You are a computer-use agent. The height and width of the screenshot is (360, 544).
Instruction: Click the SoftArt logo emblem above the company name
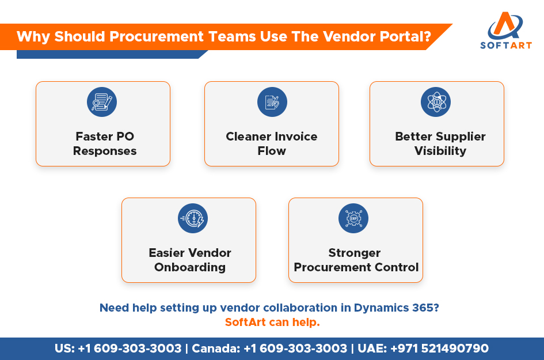(x=505, y=25)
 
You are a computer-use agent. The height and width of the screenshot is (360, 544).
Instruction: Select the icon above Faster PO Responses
(x=102, y=102)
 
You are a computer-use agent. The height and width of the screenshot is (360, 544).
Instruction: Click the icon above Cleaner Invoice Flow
(x=272, y=102)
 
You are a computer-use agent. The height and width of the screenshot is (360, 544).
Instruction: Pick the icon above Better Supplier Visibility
(x=436, y=102)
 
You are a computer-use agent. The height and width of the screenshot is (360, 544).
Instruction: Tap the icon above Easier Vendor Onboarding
(x=193, y=218)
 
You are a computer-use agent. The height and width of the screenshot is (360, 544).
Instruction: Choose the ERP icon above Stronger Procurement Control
(x=353, y=218)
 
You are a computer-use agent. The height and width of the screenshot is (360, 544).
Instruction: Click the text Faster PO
(x=105, y=137)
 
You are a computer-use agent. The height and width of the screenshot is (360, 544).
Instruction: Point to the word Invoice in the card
(x=296, y=137)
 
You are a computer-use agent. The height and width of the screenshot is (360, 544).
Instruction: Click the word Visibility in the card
(x=440, y=151)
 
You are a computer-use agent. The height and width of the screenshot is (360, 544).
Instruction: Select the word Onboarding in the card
(x=190, y=267)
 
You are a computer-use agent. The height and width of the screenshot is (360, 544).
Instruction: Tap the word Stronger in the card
(x=355, y=253)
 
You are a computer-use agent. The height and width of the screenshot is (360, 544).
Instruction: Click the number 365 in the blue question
(x=427, y=308)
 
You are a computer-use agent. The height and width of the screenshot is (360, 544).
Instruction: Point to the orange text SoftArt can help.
(x=272, y=322)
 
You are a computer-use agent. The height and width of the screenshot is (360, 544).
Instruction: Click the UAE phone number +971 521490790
(x=439, y=348)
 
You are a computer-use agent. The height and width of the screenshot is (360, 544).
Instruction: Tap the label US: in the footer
(x=64, y=348)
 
